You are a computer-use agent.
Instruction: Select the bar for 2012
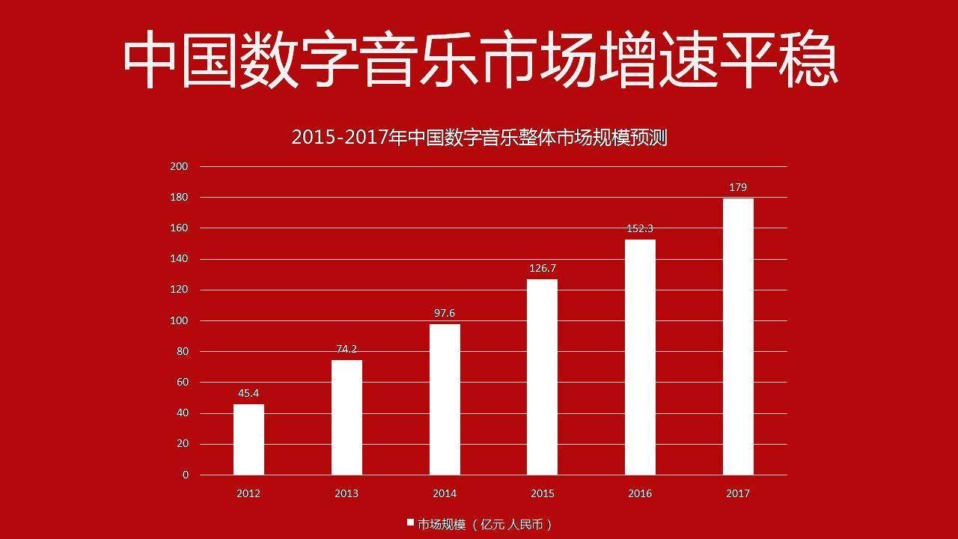click(x=248, y=439)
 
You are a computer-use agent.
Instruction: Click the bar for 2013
click(x=347, y=417)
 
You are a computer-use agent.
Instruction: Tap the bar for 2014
click(x=445, y=399)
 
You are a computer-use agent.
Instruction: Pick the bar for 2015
click(x=542, y=377)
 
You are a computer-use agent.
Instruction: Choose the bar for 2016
click(x=640, y=357)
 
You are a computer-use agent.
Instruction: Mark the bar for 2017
click(x=738, y=336)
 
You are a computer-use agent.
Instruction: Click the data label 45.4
click(x=248, y=393)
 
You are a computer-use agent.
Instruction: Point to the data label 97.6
click(x=445, y=313)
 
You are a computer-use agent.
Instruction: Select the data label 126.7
click(x=542, y=268)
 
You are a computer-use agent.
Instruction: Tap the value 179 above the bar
click(x=738, y=187)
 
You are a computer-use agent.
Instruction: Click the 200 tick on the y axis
click(x=179, y=166)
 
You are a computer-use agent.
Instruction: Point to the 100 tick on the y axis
click(x=179, y=320)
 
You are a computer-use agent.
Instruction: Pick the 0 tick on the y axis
click(x=185, y=475)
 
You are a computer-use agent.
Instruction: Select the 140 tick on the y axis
click(x=179, y=259)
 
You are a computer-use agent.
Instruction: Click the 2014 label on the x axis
click(x=445, y=493)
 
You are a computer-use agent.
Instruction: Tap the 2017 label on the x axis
click(x=738, y=493)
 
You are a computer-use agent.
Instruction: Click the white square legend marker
click(x=410, y=522)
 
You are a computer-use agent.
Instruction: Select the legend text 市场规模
click(x=442, y=524)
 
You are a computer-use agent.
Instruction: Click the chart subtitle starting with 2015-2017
click(x=479, y=138)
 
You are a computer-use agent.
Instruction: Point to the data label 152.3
click(x=640, y=228)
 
